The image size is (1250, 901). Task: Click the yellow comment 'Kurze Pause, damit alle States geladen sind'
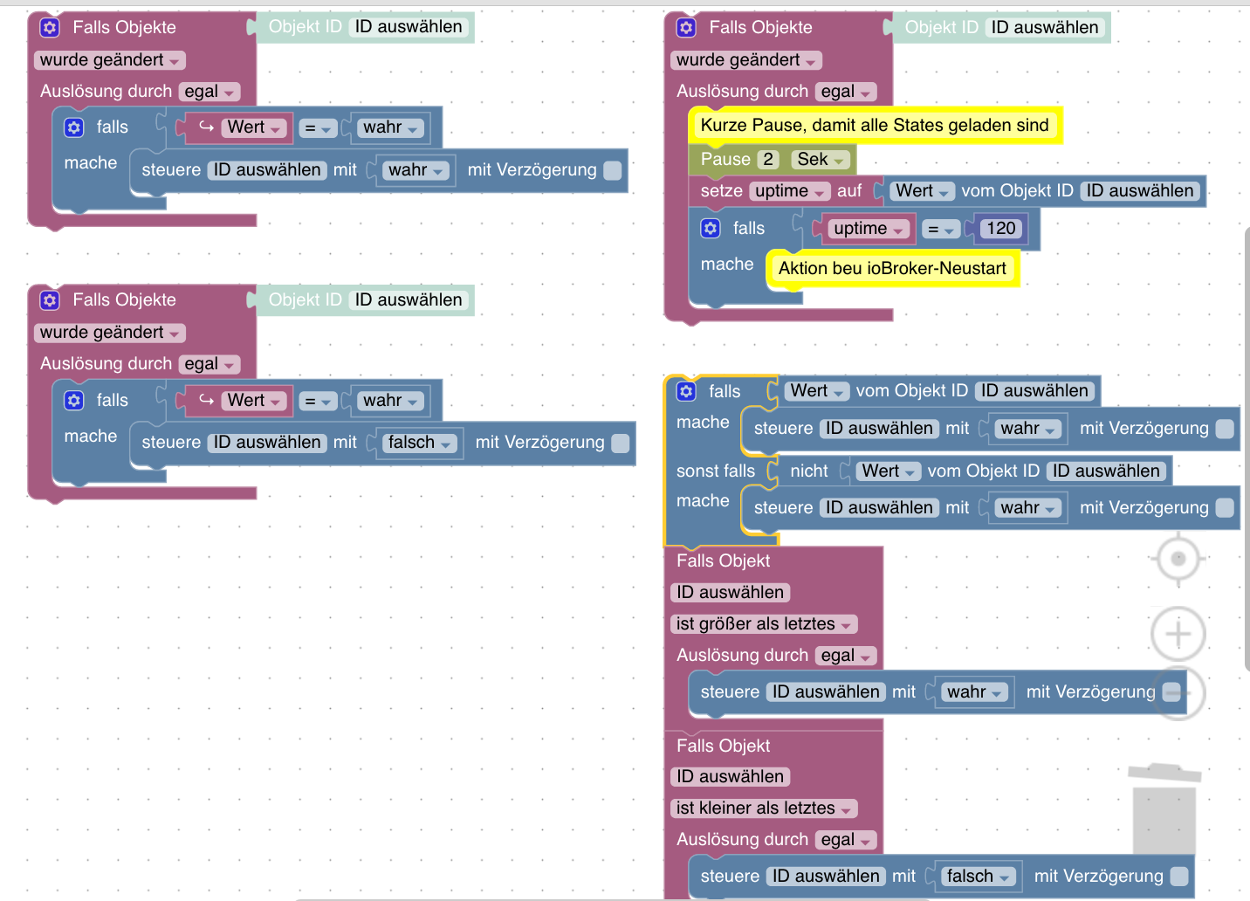875,125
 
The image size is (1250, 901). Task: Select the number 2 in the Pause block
768,160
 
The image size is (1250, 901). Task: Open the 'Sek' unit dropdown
820,160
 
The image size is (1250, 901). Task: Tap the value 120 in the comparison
1000,229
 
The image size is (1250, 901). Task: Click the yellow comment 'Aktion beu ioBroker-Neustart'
892,269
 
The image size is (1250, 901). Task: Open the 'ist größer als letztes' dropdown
764,623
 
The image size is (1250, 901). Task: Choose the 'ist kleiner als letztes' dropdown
764,808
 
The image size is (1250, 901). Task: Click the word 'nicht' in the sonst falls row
808,471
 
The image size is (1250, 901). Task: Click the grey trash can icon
1164,808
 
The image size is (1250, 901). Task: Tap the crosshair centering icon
1178,558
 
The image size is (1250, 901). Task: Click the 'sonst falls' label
716,471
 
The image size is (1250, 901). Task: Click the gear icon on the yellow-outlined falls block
686,391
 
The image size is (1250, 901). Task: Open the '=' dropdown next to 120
940,229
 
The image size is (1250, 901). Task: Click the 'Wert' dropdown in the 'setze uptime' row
922,191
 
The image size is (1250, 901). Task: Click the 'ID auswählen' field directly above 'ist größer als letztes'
730,592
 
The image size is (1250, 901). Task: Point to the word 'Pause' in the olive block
725,160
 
